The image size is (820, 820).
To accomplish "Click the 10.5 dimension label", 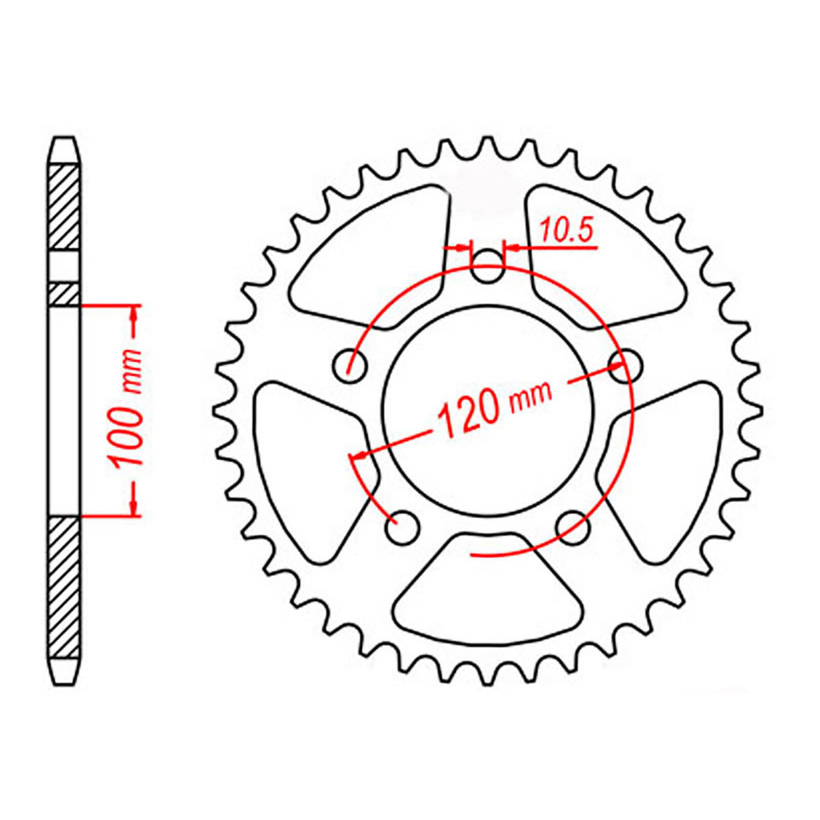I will tap(566, 231).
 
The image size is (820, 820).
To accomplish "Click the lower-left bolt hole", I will tap(403, 526).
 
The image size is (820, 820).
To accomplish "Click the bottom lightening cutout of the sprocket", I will tap(488, 589).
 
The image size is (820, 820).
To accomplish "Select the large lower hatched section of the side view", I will tap(64, 588).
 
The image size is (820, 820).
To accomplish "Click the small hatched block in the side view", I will tap(64, 294).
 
